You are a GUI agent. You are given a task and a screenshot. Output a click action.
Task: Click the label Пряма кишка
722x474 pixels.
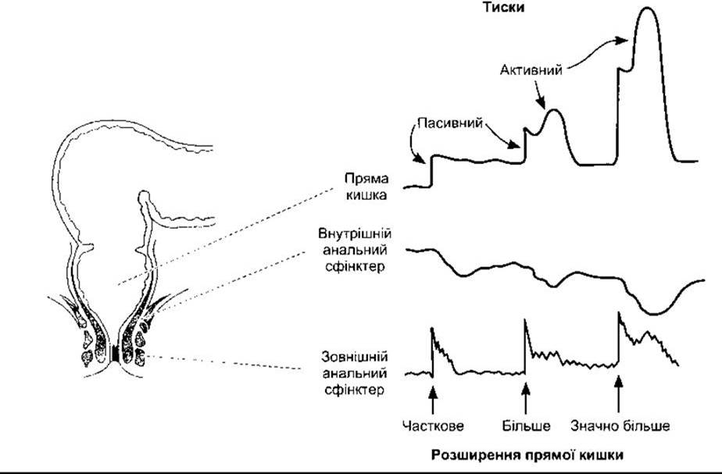click(x=365, y=186)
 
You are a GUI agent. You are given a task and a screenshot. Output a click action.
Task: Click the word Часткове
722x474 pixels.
click(x=433, y=426)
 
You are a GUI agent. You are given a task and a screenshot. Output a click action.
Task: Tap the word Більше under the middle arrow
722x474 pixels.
click(x=527, y=426)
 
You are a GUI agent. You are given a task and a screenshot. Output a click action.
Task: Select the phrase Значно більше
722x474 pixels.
click(x=620, y=426)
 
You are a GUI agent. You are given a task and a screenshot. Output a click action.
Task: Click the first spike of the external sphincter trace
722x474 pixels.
click(x=432, y=330)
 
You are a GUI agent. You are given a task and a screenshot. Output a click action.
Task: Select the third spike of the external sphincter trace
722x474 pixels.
click(x=619, y=314)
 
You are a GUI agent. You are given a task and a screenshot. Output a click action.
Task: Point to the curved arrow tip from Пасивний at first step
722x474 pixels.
click(x=424, y=165)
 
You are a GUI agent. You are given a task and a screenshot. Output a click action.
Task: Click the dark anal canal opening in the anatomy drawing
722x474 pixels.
click(x=116, y=355)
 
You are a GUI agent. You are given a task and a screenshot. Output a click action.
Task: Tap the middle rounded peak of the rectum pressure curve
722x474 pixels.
click(x=554, y=111)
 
